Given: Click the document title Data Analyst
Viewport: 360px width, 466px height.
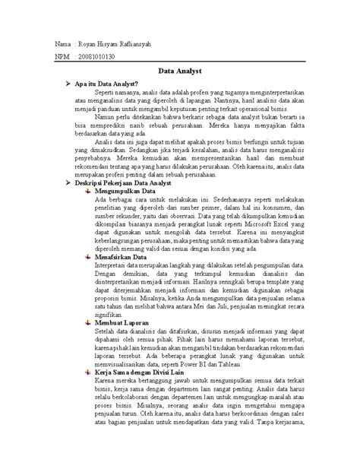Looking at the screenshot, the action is click(x=179, y=70).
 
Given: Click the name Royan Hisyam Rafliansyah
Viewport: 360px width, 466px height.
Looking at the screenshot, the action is click(x=110, y=44).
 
